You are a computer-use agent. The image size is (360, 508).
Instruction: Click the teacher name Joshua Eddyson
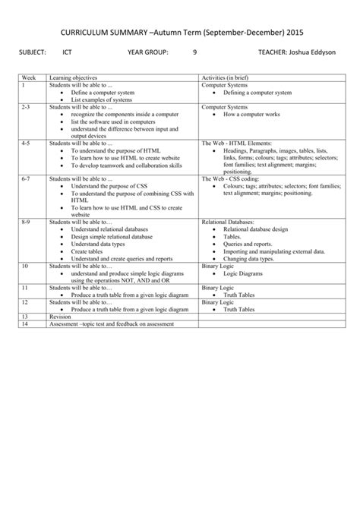[x=312, y=53]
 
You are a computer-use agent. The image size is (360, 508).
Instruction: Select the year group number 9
[x=195, y=53]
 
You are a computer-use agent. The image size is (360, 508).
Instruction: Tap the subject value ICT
[x=67, y=53]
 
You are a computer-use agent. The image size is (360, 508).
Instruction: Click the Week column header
[x=30, y=78]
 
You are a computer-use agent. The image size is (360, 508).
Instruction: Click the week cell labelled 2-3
[x=27, y=107]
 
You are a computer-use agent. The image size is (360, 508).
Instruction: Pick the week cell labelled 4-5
[x=27, y=142]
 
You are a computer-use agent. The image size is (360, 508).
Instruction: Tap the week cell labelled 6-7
[x=27, y=178]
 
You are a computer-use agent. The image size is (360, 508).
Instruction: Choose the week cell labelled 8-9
[x=27, y=221]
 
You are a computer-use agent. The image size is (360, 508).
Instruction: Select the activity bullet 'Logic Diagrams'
[x=243, y=273]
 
